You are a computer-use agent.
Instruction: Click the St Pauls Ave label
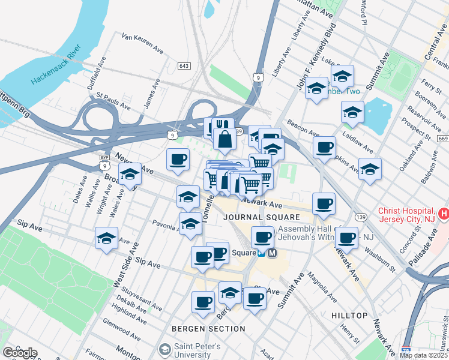[x=113, y=101]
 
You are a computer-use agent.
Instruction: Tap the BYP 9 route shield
[x=104, y=161]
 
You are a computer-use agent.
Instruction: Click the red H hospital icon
[x=444, y=213]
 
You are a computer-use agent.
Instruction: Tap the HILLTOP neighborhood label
[x=349, y=315]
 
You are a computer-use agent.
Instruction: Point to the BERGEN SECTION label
[x=208, y=329]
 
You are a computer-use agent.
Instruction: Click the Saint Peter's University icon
[x=164, y=349]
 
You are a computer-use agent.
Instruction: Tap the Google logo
[x=20, y=353]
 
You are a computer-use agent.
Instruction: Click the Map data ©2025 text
[x=423, y=355]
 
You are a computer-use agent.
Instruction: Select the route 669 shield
[x=443, y=139]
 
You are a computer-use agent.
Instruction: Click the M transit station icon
[x=271, y=253]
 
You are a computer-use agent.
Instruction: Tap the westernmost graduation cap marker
[x=106, y=237]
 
